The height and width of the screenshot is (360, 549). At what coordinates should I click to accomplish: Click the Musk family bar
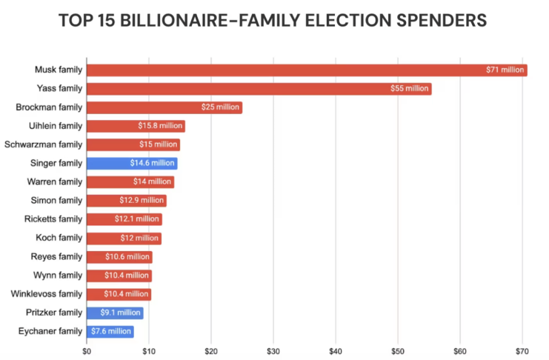[x=306, y=70]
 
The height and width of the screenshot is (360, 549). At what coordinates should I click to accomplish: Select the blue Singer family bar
[x=132, y=164]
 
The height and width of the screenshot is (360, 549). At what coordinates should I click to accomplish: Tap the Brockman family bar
[x=164, y=107]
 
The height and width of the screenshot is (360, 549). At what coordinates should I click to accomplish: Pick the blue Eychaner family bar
[x=110, y=331]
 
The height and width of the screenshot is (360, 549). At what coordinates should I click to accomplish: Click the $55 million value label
[x=410, y=89]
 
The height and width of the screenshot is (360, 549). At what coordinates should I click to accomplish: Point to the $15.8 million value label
[x=161, y=126]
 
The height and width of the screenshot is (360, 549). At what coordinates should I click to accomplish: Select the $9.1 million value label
[x=120, y=313]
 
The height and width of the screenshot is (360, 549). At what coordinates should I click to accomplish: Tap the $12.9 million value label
[x=142, y=201]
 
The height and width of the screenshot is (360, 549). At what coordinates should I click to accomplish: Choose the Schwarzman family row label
[x=43, y=144]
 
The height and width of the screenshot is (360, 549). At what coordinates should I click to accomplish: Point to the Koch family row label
[x=59, y=238]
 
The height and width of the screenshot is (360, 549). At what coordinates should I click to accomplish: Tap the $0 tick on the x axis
[x=87, y=350]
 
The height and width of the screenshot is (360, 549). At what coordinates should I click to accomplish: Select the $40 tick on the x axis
[x=336, y=350]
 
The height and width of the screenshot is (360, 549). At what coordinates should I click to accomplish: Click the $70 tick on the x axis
[x=522, y=350]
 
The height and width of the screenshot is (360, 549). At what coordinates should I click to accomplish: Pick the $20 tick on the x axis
[x=211, y=350]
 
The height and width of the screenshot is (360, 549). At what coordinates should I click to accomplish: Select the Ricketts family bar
[x=124, y=219]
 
